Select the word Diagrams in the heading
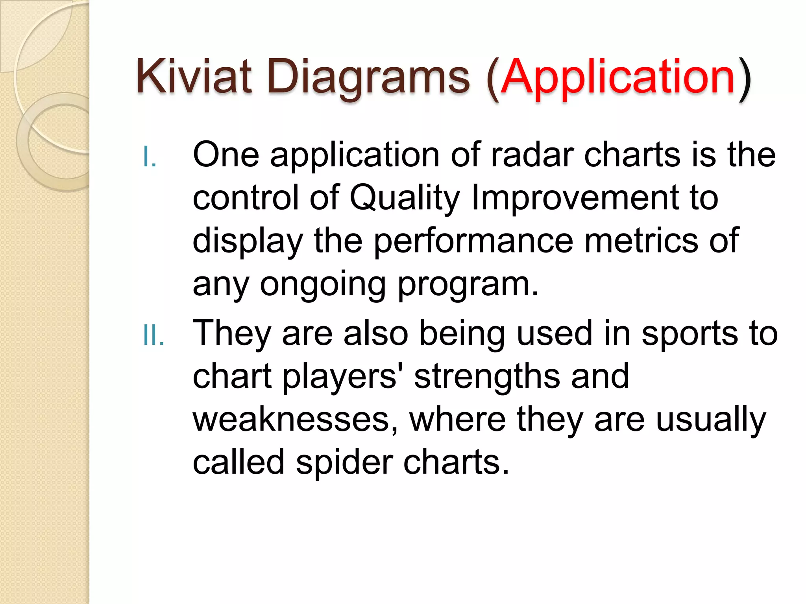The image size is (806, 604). (368, 77)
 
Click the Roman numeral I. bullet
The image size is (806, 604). (150, 157)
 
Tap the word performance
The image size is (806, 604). (473, 241)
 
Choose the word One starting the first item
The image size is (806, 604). (226, 155)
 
